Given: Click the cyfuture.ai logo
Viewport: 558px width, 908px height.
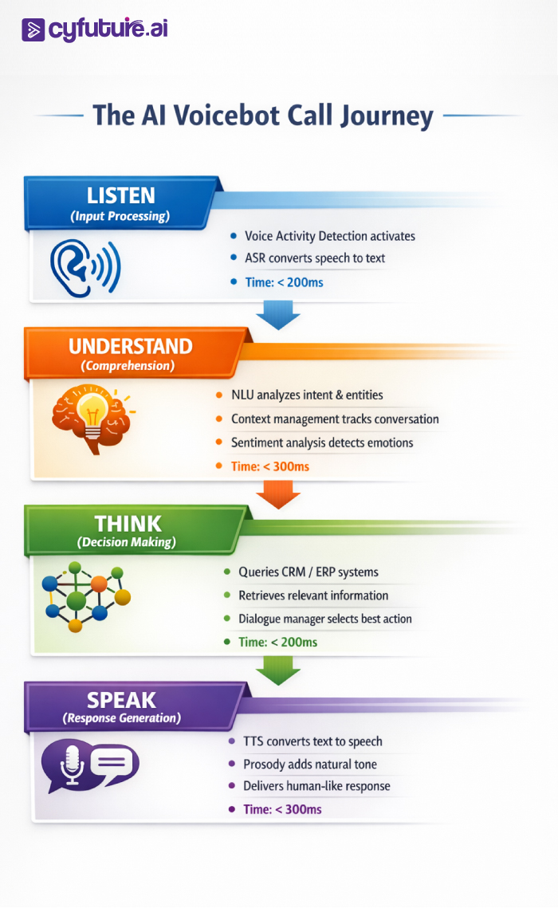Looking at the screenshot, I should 94,29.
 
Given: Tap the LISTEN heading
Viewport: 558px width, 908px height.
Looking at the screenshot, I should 121,195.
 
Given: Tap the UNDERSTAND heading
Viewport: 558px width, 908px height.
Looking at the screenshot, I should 131,346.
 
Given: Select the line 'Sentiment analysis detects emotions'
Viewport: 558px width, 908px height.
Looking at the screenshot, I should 322,442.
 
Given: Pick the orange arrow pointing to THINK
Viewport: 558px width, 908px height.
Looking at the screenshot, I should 278,497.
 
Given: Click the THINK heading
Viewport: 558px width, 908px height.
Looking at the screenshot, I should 128,524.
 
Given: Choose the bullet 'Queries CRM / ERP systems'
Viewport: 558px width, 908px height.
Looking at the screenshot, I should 308,572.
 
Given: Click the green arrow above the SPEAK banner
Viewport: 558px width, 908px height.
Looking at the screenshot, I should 278,672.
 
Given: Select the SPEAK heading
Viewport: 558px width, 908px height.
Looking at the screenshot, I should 121,700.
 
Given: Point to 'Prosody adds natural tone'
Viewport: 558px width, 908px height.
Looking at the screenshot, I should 310,764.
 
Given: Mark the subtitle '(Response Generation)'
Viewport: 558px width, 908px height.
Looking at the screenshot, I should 121,718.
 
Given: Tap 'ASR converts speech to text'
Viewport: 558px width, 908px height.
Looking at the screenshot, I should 316,258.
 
